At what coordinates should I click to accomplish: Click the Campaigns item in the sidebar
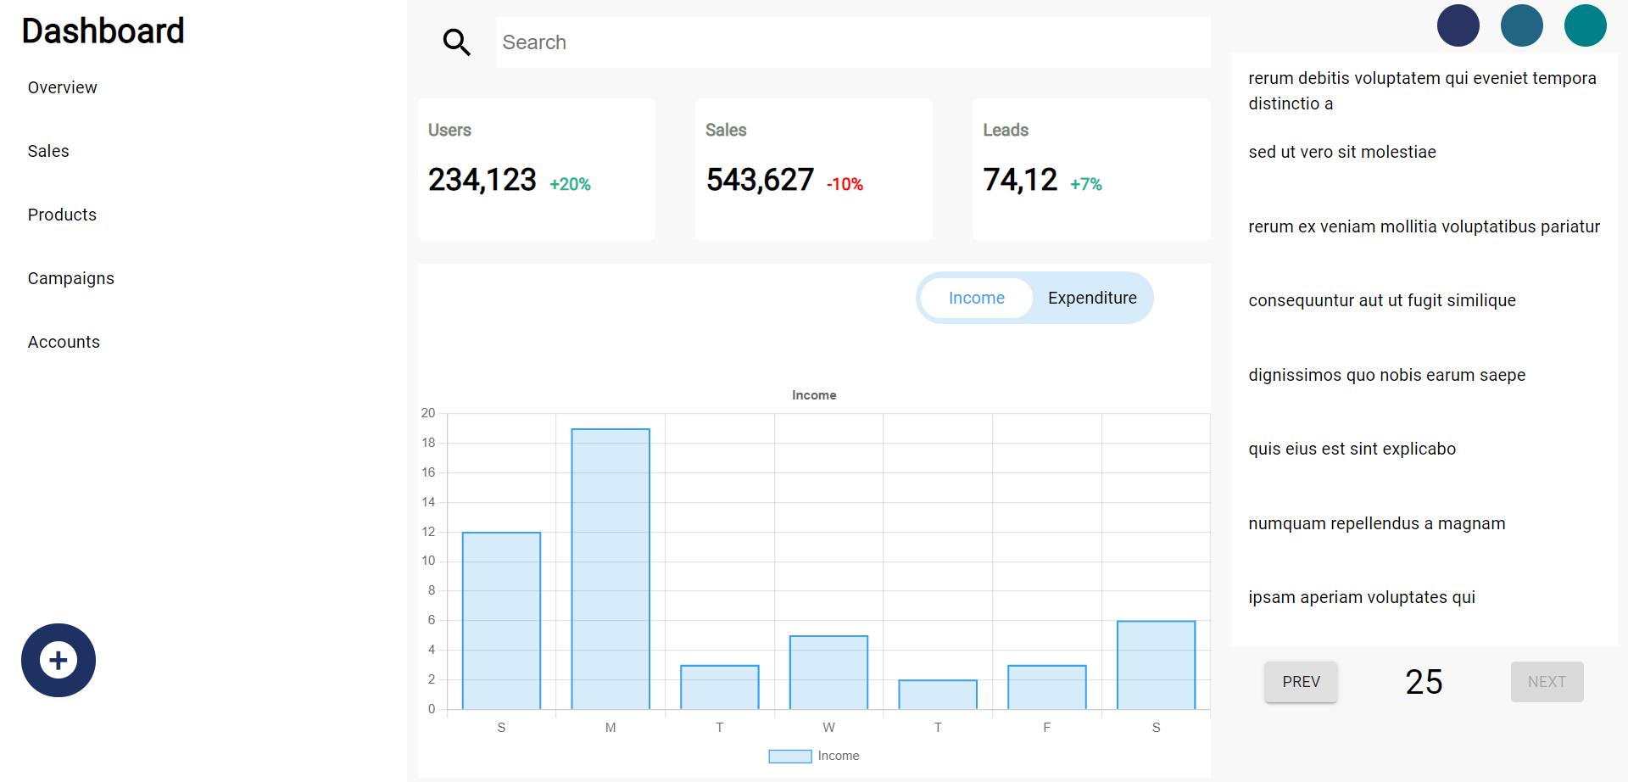[x=70, y=278]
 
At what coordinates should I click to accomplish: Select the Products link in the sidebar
[x=62, y=215]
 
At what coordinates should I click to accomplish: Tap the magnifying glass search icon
[x=456, y=42]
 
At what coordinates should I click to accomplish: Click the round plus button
[x=59, y=660]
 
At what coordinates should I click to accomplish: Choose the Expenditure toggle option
[x=1092, y=298]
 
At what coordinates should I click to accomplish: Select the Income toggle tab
[x=976, y=298]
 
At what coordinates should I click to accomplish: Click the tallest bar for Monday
[x=610, y=568]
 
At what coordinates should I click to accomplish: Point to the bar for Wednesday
[x=828, y=672]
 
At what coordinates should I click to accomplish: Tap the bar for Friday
[x=1047, y=687]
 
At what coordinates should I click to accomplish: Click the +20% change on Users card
[x=570, y=184]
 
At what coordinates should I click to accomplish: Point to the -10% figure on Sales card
[x=845, y=184]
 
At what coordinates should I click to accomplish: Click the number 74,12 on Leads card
[x=1020, y=180]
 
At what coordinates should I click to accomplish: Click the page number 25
[x=1424, y=682]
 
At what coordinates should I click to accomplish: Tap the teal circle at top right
[x=1585, y=25]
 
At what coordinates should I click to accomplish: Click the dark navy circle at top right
[x=1458, y=25]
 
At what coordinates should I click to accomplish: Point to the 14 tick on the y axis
[x=428, y=502]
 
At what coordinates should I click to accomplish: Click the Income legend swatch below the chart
[x=789, y=756]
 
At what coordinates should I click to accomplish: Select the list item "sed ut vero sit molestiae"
[x=1341, y=152]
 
